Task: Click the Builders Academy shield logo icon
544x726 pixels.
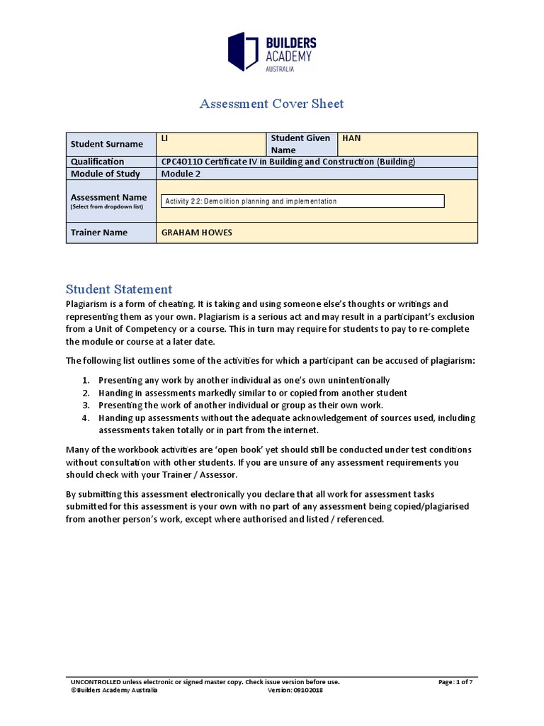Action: tap(242, 51)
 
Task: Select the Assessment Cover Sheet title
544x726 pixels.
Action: tap(271, 104)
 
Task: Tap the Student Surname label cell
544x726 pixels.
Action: tap(106, 144)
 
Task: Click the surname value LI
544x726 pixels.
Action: tap(165, 138)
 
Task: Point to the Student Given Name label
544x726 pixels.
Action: tap(301, 144)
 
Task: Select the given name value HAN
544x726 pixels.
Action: tap(352, 138)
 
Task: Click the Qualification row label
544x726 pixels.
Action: tap(97, 162)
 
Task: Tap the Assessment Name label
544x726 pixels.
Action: tap(108, 197)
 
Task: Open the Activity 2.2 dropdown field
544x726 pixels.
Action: tap(303, 201)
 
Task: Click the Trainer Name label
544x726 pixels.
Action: tap(99, 233)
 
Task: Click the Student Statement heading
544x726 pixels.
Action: tap(118, 289)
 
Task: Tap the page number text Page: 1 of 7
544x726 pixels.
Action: tap(455, 682)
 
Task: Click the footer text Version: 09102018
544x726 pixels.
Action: tap(296, 691)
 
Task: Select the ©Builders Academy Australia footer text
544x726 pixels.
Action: tap(114, 691)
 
